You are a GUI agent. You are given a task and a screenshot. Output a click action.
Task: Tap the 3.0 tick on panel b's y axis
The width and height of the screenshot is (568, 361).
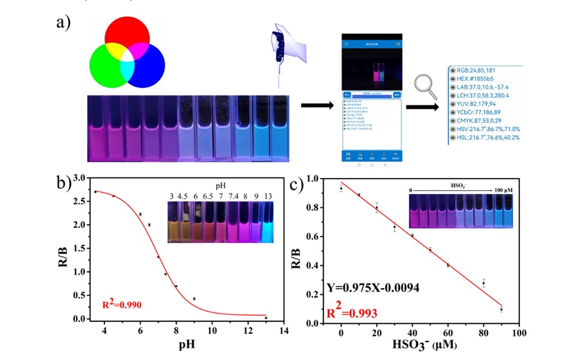click(x=79, y=177)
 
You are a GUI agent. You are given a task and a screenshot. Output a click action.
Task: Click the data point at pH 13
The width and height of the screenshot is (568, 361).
click(x=265, y=317)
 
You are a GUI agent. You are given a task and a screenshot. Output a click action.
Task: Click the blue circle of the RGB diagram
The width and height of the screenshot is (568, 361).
click(x=148, y=65)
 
